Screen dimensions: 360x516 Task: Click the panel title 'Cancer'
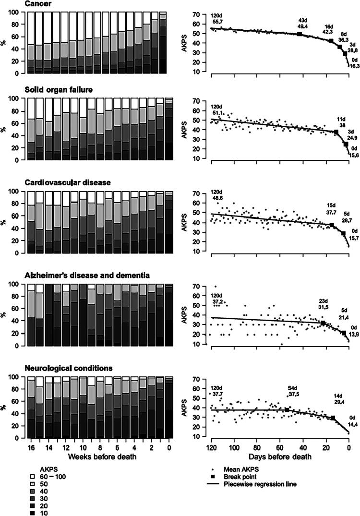38,4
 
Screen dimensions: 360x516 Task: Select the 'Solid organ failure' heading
59,89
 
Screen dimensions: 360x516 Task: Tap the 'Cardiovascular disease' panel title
68,182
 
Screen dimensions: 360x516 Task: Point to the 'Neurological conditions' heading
69,368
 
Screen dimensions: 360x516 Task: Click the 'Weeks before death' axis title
102,456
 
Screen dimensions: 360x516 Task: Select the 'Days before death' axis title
280,456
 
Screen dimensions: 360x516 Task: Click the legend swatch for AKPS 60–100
32,476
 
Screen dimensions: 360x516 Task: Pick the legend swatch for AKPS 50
32,484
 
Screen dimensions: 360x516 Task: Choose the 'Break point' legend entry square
213,477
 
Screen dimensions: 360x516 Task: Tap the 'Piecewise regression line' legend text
260,484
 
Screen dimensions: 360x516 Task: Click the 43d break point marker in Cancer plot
300,34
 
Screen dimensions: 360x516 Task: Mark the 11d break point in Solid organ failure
336,132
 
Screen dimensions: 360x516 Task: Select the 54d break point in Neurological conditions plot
287,410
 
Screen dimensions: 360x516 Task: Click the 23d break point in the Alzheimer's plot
323,323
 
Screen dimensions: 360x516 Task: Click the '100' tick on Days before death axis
234,448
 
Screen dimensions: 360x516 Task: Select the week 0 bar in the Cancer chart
163,43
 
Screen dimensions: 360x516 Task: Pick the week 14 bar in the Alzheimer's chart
48,315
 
